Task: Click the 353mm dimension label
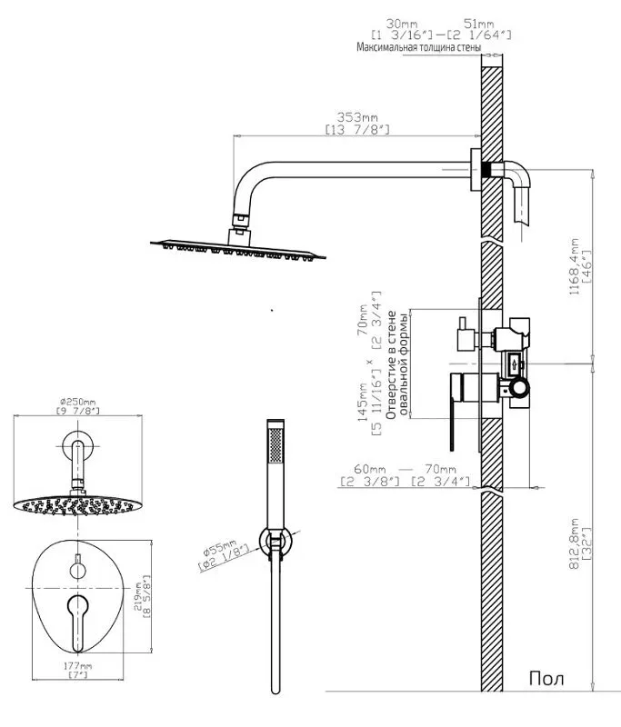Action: click(357, 118)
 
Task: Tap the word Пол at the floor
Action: click(546, 679)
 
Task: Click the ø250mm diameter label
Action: click(78, 401)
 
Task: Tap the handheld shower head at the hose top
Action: click(275, 454)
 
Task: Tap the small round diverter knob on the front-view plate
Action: click(77, 569)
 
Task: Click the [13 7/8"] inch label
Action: click(357, 131)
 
